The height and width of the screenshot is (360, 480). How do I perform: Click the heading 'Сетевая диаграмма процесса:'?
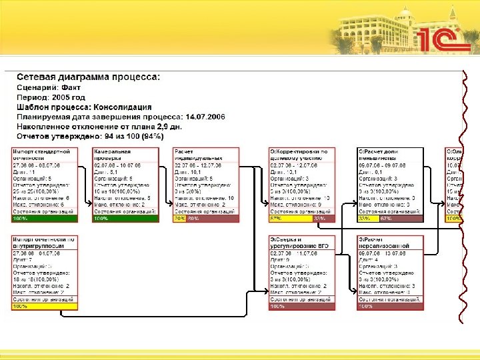pos(88,77)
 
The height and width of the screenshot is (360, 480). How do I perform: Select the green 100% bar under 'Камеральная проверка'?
pos(125,218)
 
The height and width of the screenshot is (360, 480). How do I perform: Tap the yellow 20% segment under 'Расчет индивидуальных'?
pos(179,218)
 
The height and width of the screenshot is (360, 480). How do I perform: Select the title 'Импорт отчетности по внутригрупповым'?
pos(45,242)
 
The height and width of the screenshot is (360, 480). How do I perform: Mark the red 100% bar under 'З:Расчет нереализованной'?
pos(390,306)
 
